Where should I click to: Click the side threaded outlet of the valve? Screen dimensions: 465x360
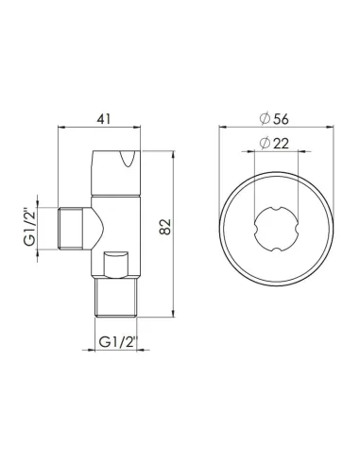click(72, 231)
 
